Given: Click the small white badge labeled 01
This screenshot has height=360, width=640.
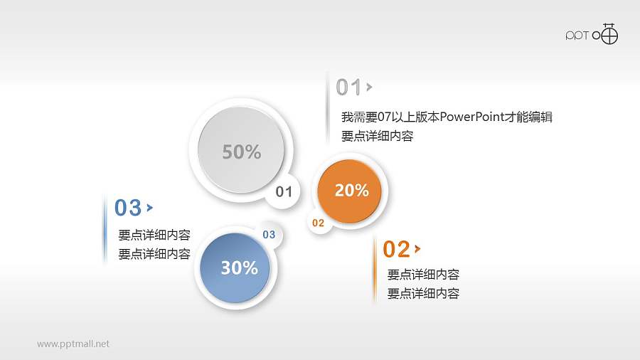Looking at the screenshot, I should (284, 191).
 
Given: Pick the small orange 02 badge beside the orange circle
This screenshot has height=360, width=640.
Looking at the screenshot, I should (318, 223).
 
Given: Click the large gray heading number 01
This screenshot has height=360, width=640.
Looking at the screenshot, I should (348, 88).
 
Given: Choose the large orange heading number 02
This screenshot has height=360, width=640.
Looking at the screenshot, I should (396, 249).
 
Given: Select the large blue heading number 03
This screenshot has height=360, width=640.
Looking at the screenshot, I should (128, 208).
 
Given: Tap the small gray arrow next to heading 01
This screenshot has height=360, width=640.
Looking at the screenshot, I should (369, 88).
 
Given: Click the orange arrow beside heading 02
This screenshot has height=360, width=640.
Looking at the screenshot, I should (417, 249).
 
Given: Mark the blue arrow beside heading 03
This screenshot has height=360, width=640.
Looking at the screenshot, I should (149, 208).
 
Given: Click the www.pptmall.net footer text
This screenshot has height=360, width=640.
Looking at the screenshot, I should (73, 344).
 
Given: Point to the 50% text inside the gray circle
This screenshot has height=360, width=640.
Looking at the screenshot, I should (241, 152).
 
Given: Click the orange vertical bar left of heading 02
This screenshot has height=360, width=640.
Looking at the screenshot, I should (374, 270).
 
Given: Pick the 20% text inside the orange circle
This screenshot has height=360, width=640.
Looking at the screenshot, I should (351, 191).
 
